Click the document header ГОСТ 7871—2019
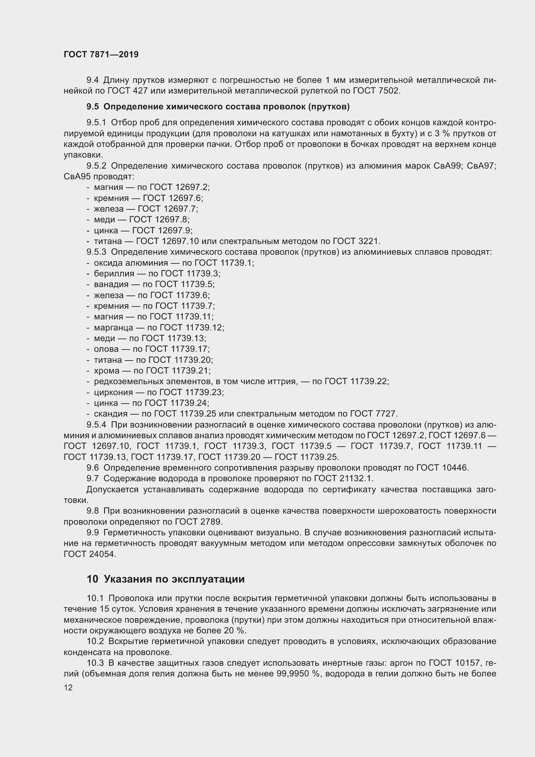(101, 54)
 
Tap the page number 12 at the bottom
(68, 687)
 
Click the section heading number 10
(92, 579)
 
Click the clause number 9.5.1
(96, 123)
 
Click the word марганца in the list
(114, 328)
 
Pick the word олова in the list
(106, 349)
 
